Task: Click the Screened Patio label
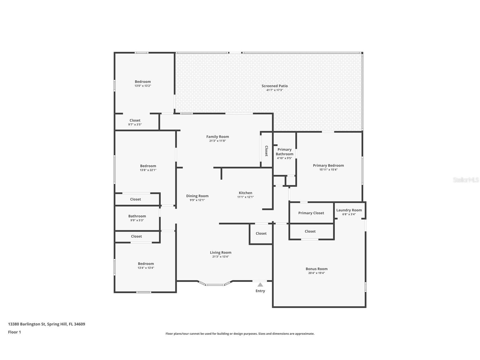(x=274, y=86)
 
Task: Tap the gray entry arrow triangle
(x=260, y=285)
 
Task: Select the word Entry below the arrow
(x=260, y=291)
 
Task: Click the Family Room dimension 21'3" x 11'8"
(x=218, y=141)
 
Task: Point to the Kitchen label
(x=245, y=193)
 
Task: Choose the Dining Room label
(x=197, y=196)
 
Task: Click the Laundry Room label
(x=349, y=210)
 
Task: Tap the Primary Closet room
(x=311, y=213)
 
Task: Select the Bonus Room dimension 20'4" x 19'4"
(x=317, y=273)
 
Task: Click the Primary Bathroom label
(x=284, y=152)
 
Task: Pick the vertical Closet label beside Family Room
(x=266, y=151)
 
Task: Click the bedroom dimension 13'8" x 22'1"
(x=148, y=170)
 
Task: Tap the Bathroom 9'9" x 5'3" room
(x=137, y=218)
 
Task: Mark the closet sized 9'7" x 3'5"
(x=135, y=122)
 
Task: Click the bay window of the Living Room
(x=215, y=284)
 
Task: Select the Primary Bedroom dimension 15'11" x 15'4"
(x=328, y=170)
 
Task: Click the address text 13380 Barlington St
(x=27, y=324)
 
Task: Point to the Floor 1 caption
(x=14, y=332)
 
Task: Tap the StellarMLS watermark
(x=466, y=180)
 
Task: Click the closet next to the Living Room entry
(x=261, y=233)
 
